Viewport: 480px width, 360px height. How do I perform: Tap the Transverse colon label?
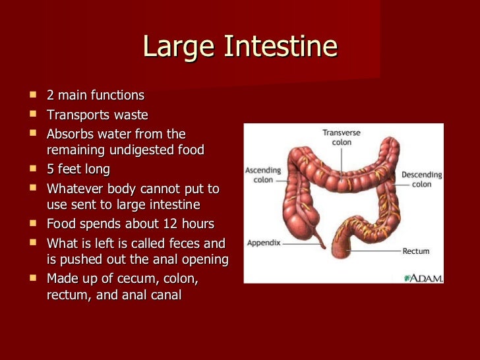tap(342, 137)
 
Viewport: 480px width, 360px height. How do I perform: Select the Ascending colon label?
tap(264, 174)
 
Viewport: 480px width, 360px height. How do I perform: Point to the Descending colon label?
tap(421, 179)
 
